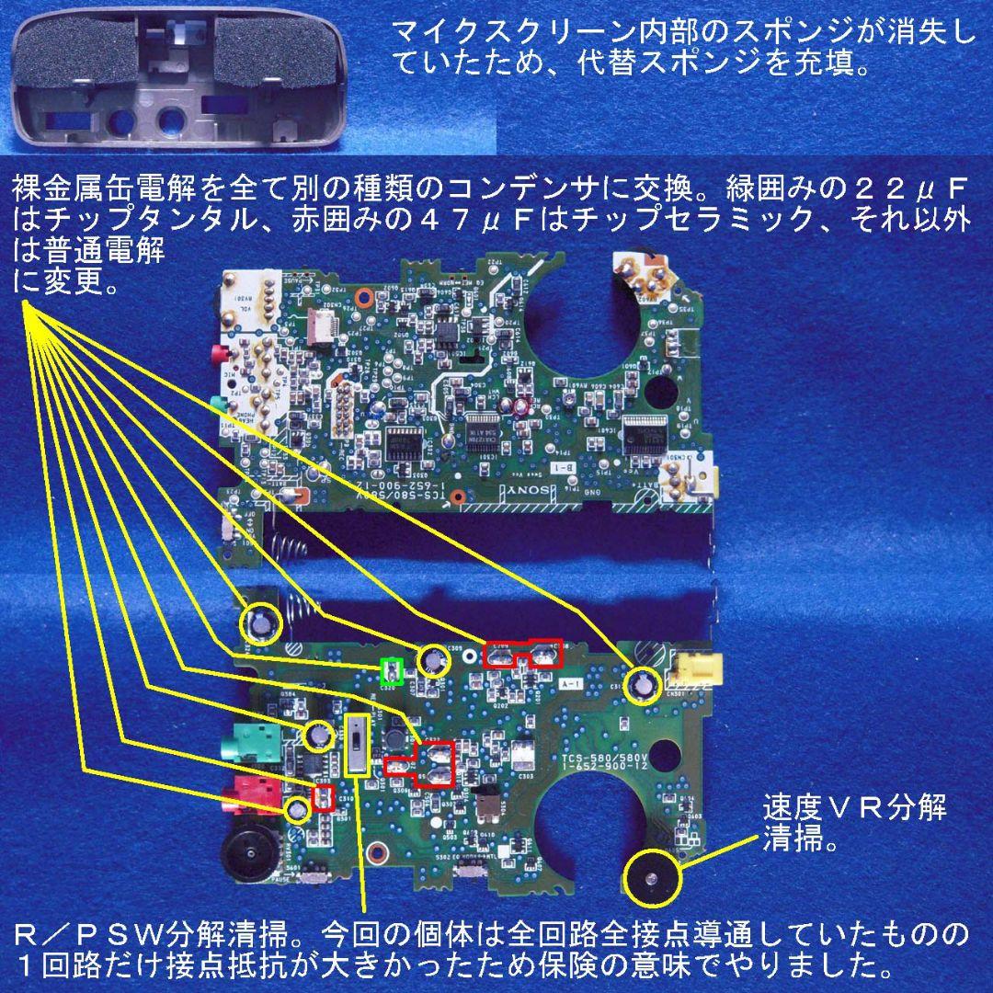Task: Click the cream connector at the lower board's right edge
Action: pyautogui.click(x=696, y=669)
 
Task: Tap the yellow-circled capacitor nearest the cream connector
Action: pyautogui.click(x=642, y=684)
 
